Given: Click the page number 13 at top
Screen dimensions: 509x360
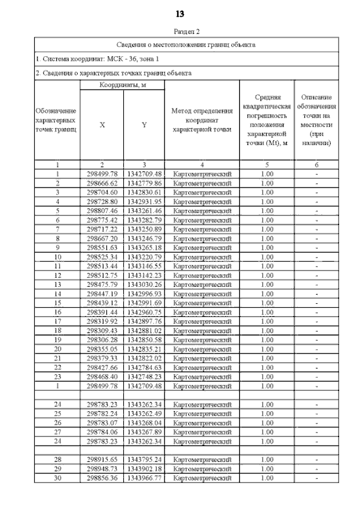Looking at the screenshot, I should click(180, 13).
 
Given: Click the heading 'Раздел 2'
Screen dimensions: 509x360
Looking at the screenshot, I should click(180, 32).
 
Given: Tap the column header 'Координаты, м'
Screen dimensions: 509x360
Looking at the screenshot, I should click(123, 85).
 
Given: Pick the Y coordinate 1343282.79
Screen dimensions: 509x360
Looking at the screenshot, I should click(144, 220).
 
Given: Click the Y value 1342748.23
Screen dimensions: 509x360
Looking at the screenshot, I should click(144, 377).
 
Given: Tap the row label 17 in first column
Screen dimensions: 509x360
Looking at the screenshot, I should click(57, 321).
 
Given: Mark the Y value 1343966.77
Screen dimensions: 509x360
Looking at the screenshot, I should click(144, 478).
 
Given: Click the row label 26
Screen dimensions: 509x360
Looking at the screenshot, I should click(57, 423).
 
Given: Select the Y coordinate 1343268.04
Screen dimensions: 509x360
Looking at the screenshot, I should click(144, 423).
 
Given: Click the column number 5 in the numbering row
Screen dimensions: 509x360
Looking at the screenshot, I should click(268, 165).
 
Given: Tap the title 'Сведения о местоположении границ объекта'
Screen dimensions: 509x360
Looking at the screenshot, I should click(186, 44).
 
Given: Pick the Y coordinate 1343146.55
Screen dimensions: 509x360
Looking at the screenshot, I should click(144, 266).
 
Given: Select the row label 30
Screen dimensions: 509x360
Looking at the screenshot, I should click(57, 478).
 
